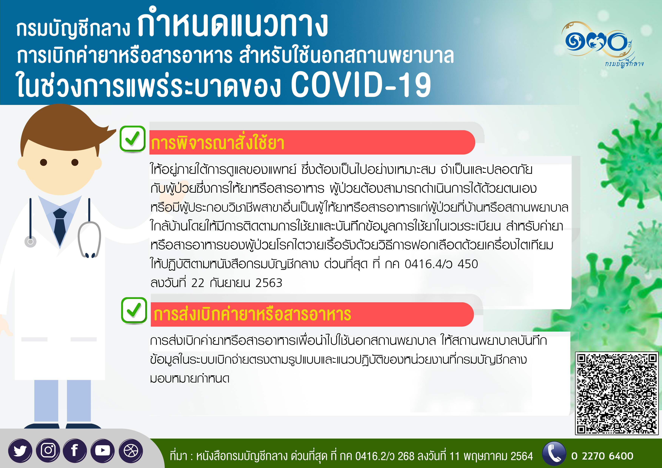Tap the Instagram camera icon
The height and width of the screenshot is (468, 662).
coord(48,450)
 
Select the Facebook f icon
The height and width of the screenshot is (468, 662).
coord(75,450)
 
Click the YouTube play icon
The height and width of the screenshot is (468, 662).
coord(102,451)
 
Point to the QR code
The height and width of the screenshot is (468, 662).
coord(617,393)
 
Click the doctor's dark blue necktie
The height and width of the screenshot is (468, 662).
coord(60,227)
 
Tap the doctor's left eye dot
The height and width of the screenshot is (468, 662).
coord(44,162)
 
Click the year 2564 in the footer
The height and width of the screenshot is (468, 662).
coord(521,456)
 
